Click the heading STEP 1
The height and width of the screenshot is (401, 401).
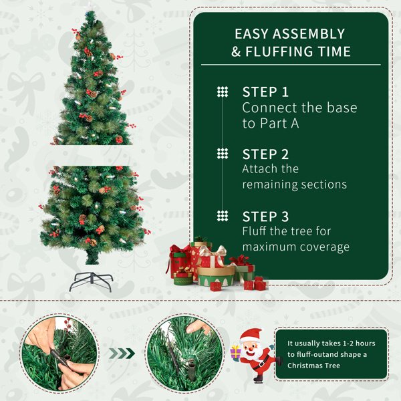point(265,92)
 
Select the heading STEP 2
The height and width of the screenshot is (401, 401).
point(265,154)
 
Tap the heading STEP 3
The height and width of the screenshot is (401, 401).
point(265,217)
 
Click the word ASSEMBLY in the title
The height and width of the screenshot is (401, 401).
point(309,34)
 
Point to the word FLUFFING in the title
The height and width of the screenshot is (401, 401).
point(279,51)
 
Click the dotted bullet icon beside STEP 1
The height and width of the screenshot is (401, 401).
point(223,92)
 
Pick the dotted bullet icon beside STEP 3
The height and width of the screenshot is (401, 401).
point(223,216)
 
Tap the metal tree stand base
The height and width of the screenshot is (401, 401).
point(91,281)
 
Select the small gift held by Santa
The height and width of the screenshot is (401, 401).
point(235,352)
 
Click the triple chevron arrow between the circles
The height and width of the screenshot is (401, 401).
point(122,354)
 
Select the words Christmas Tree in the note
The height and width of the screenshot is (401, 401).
point(314,366)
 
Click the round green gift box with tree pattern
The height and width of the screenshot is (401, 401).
point(216,277)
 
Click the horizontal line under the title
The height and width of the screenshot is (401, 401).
point(291,65)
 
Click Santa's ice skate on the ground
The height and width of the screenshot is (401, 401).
point(258,379)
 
